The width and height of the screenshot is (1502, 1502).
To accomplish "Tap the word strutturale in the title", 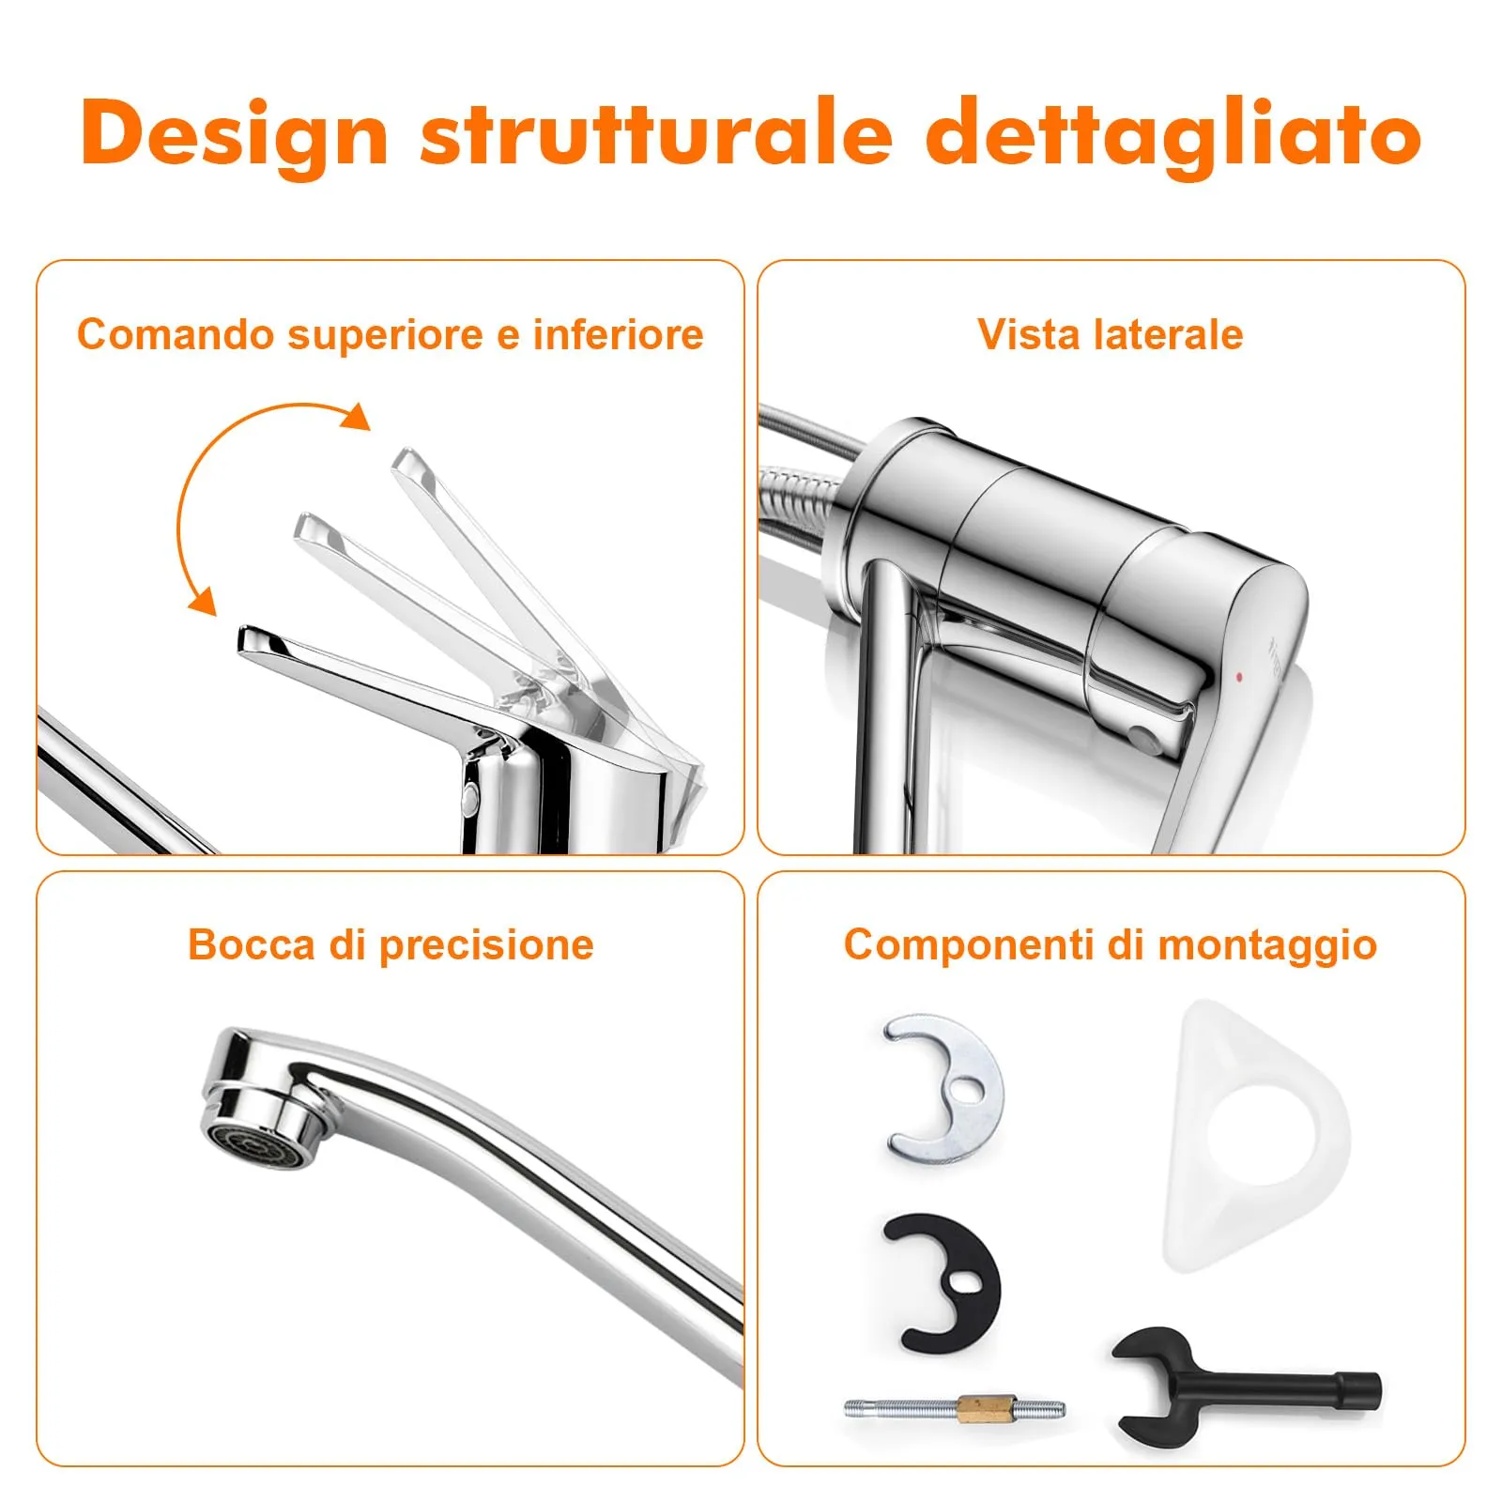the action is (656, 132).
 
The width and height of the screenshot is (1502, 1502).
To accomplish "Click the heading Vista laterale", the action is (1110, 334).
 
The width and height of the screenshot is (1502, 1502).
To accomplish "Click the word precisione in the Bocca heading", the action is (486, 945).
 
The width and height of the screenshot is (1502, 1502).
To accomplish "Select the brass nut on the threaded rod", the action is (976, 1408).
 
